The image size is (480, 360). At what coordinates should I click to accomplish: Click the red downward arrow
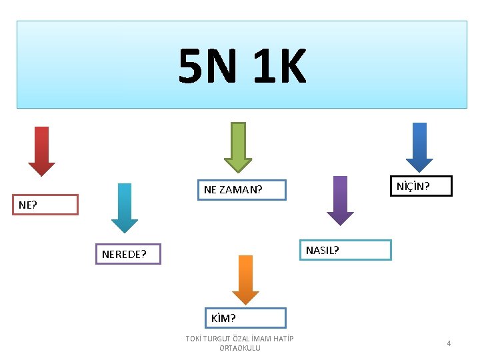click(x=41, y=151)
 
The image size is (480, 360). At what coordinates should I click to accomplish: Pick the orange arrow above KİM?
click(x=245, y=279)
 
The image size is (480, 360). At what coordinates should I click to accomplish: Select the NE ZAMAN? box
click(x=241, y=191)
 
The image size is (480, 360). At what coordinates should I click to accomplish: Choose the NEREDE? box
click(x=128, y=254)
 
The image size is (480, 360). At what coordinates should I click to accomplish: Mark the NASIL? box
click(x=345, y=250)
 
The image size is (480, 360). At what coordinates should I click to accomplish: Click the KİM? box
click(x=245, y=318)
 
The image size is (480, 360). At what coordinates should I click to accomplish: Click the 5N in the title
click(x=206, y=67)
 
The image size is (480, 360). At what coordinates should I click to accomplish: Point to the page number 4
click(x=449, y=343)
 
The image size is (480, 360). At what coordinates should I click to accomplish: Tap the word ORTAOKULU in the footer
click(x=240, y=348)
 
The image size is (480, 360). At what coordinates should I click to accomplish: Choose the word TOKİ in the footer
click(x=194, y=339)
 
